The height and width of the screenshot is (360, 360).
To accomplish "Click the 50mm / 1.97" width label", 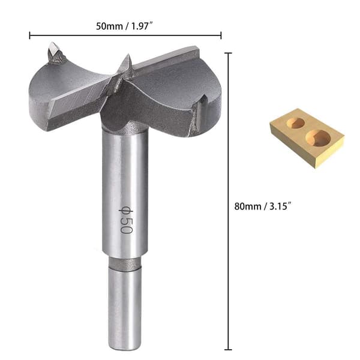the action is pyautogui.click(x=124, y=26).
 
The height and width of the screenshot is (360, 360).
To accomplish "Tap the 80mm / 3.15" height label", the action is pyautogui.click(x=263, y=206).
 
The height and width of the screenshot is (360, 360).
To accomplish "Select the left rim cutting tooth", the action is pyautogui.click(x=55, y=53).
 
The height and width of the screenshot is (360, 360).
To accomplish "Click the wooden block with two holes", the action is pyautogui.click(x=307, y=139).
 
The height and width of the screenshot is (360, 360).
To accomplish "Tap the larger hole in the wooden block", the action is pyautogui.click(x=318, y=138).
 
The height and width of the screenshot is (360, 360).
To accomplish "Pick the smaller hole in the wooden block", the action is pyautogui.click(x=296, y=123).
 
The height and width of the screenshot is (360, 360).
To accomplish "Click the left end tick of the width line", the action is pyautogui.click(x=29, y=35).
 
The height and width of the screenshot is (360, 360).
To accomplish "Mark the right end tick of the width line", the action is pyautogui.click(x=221, y=35).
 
